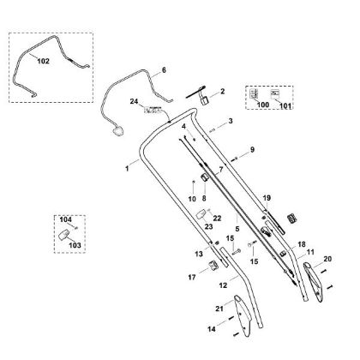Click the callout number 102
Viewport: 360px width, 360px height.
[44, 61]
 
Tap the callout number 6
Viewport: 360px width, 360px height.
[164, 70]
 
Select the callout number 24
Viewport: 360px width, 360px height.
[134, 101]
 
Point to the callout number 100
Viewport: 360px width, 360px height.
[263, 105]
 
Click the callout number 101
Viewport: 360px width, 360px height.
[285, 105]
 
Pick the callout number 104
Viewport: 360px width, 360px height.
[66, 219]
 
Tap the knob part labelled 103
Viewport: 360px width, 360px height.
[63, 235]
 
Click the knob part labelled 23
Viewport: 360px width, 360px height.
[202, 214]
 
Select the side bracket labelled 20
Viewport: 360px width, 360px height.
[315, 282]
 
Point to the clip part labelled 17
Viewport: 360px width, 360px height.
[213, 266]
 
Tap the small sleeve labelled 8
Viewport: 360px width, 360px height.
[205, 177]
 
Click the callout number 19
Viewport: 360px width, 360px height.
[267, 198]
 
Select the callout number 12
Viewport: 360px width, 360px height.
[223, 285]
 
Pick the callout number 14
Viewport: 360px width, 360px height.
[212, 329]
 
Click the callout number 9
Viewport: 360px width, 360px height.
[252, 149]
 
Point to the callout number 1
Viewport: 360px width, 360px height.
[127, 169]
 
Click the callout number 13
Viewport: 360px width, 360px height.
[199, 254]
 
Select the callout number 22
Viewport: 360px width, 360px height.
[217, 219]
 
